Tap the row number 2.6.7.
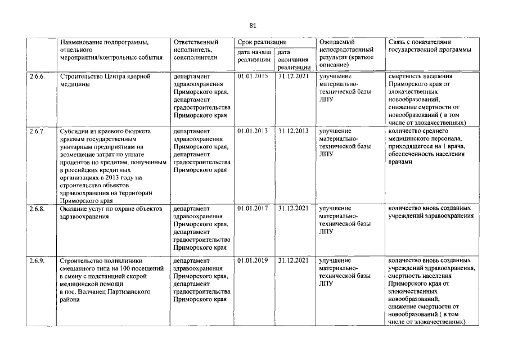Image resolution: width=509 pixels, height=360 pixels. [x=37, y=130]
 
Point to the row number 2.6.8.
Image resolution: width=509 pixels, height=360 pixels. [x=37, y=209]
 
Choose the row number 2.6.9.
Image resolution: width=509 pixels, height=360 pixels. [x=37, y=261]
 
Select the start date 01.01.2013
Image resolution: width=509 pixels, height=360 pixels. [x=253, y=130]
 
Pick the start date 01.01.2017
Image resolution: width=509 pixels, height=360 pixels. [x=253, y=209]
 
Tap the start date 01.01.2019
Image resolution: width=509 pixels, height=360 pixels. [x=253, y=261]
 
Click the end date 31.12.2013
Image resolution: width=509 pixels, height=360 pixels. [x=294, y=130]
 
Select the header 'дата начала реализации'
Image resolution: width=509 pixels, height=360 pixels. [x=254, y=56]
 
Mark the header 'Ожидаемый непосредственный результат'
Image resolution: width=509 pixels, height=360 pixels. [x=346, y=53]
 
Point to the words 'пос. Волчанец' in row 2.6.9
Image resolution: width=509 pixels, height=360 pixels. [x=86, y=292]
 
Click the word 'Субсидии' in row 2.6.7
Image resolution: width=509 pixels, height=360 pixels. [x=74, y=130]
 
